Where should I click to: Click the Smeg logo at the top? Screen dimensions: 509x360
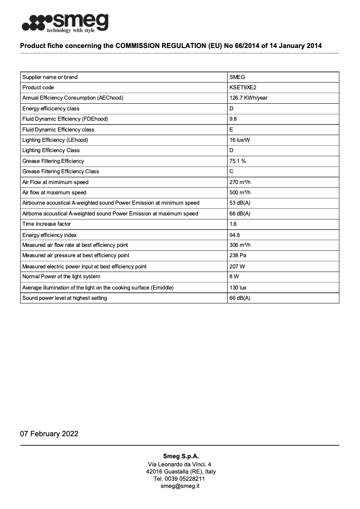coord(66,22)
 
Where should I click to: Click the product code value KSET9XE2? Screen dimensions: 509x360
coord(243,88)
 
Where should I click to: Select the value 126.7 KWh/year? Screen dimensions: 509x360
coord(249,98)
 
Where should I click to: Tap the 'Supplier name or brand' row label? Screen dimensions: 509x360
coord(50,77)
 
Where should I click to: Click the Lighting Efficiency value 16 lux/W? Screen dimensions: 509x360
coord(240,140)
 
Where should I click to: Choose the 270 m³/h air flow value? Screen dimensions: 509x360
coord(240,182)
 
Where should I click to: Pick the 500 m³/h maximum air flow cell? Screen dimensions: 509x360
coord(240,193)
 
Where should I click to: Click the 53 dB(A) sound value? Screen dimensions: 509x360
coord(240,203)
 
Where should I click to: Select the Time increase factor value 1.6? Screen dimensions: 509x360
coord(233,224)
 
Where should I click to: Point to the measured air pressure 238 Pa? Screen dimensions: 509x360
coord(238,255)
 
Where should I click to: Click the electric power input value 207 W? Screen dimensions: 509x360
coord(237,267)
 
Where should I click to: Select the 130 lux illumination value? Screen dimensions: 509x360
coord(238,288)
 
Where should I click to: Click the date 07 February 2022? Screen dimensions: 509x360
coord(49,434)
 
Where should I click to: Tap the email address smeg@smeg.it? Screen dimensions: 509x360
coord(180,486)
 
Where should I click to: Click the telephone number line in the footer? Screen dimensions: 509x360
coord(180,479)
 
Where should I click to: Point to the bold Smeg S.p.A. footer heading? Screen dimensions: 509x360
coord(180,456)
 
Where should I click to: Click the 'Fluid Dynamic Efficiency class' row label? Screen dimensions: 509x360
coord(58,130)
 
